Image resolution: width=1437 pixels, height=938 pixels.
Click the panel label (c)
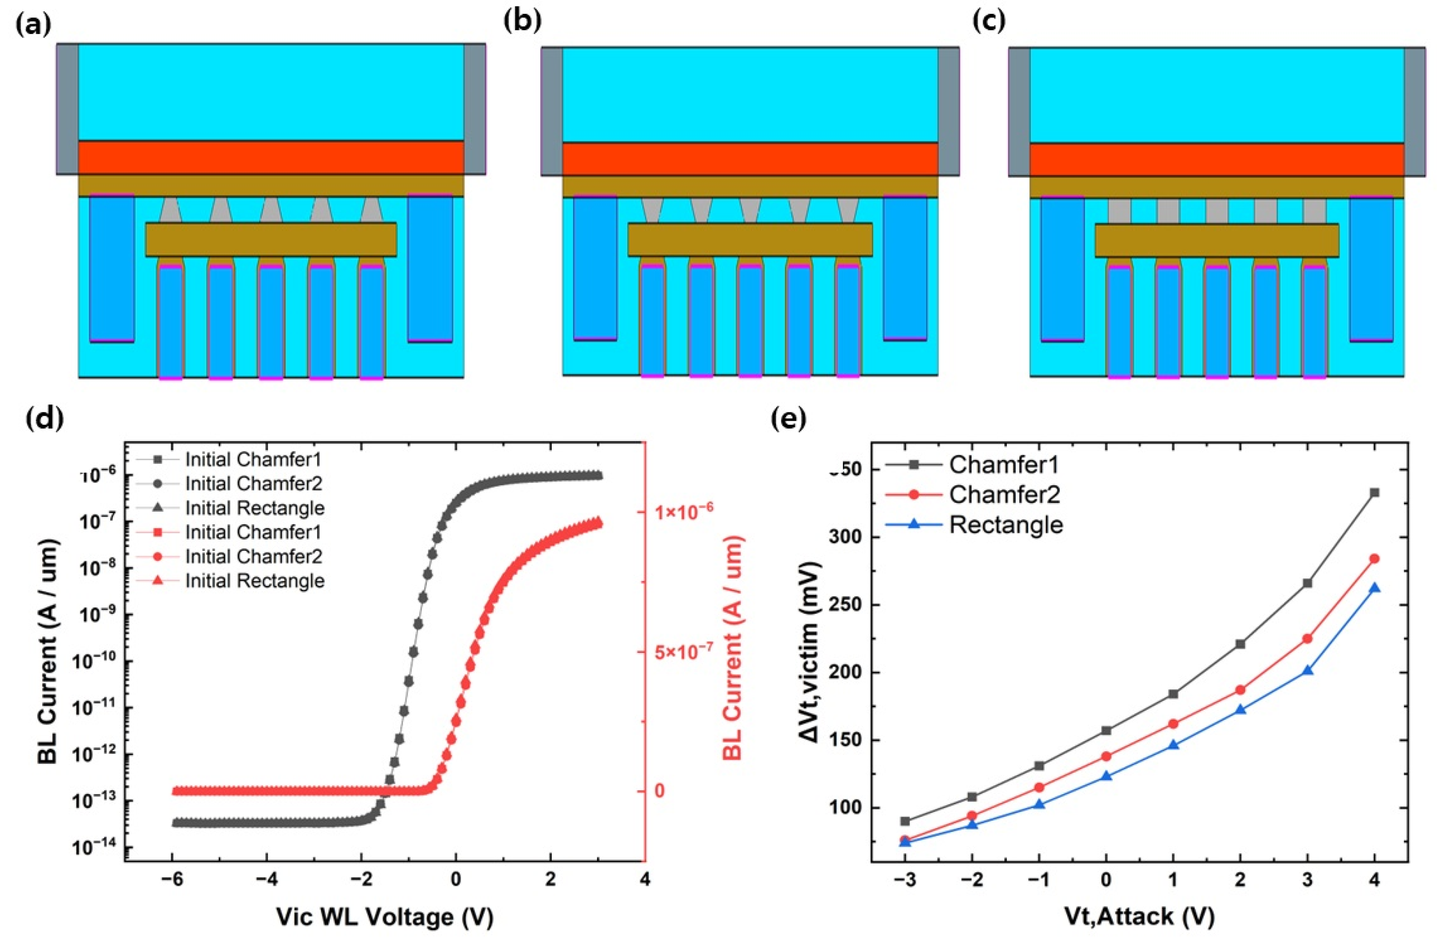pyautogui.click(x=989, y=22)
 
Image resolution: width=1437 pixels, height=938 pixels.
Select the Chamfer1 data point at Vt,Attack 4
pyautogui.click(x=1375, y=493)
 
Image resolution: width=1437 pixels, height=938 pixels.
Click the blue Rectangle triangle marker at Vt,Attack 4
pyautogui.click(x=1375, y=588)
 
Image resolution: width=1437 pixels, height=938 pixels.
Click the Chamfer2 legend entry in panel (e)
pyautogui.click(x=1004, y=495)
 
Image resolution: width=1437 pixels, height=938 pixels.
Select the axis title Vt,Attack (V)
pyautogui.click(x=1139, y=917)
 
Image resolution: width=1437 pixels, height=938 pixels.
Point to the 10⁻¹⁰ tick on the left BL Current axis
pyautogui.click(x=94, y=662)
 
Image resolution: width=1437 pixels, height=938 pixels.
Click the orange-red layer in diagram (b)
pyautogui.click(x=750, y=159)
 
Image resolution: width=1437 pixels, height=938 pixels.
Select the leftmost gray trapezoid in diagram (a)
pyautogui.click(x=171, y=210)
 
